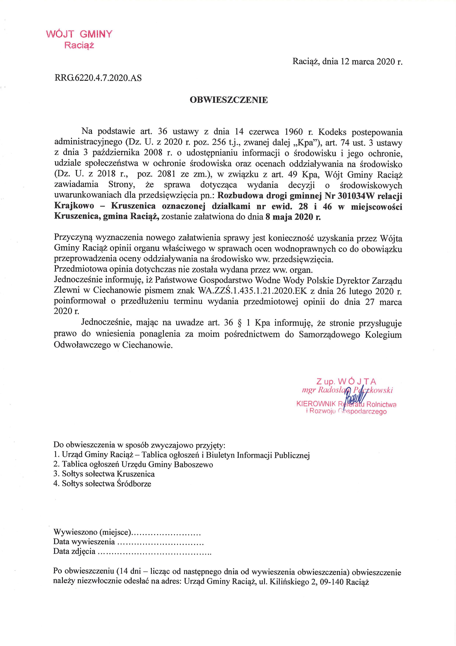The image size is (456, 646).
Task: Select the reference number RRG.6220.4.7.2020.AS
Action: click(x=98, y=78)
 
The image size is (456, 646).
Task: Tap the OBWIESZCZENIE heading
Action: click(x=229, y=100)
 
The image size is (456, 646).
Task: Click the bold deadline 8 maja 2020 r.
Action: click(x=292, y=217)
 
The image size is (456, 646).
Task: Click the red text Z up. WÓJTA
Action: click(x=346, y=382)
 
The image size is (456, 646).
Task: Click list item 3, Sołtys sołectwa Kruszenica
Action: click(x=104, y=474)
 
